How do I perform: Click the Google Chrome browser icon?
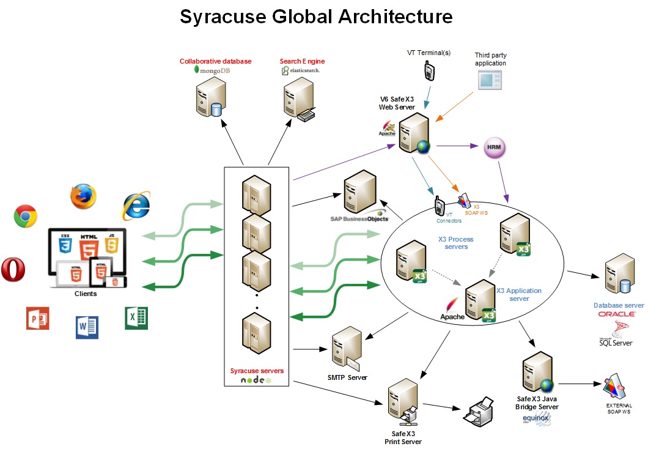click(x=25, y=216)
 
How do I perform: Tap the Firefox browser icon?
click(x=83, y=196)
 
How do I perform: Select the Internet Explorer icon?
click(x=136, y=206)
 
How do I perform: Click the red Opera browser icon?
click(x=12, y=270)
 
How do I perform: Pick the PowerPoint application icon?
click(x=37, y=319)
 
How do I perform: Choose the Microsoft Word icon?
click(x=87, y=327)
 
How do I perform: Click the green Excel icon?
click(x=136, y=318)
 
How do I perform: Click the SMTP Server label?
click(x=347, y=377)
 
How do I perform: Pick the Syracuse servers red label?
click(x=257, y=371)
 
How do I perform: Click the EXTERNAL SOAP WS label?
click(x=619, y=409)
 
